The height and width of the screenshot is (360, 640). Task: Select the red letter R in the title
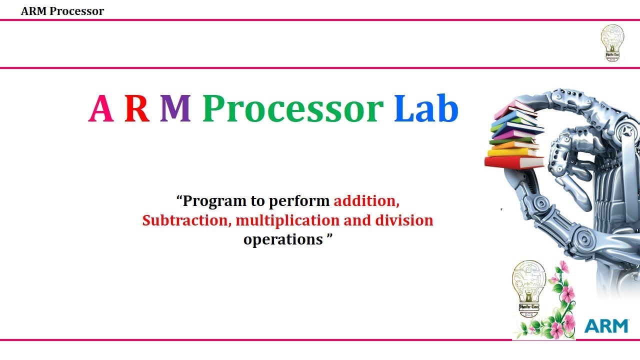pyautogui.click(x=137, y=109)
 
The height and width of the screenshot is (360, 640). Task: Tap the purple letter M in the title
pyautogui.click(x=175, y=109)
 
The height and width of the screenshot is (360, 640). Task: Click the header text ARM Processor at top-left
pyautogui.click(x=62, y=11)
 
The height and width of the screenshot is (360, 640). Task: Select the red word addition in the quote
pyautogui.click(x=366, y=201)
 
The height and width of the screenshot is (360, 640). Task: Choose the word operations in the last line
pyautogui.click(x=283, y=239)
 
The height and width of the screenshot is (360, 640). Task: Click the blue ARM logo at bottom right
pyautogui.click(x=606, y=326)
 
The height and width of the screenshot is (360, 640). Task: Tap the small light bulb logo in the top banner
pyautogui.click(x=612, y=43)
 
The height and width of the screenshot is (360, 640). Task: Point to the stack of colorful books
pyautogui.click(x=515, y=135)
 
